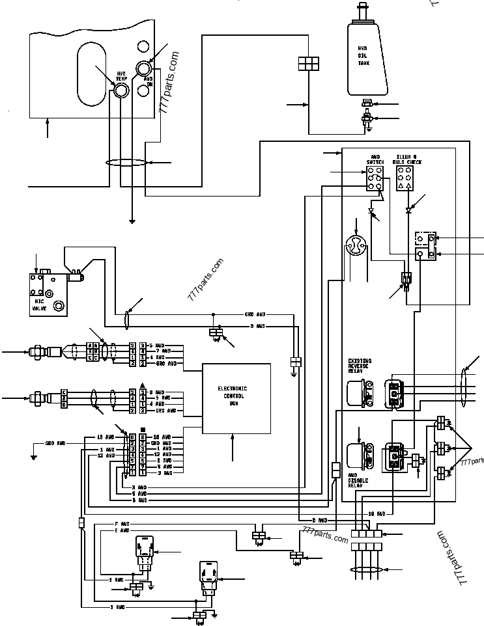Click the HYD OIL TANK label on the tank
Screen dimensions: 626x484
[x=363, y=56]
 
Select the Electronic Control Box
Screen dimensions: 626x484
[x=236, y=398]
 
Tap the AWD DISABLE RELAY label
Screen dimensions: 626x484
[x=358, y=480]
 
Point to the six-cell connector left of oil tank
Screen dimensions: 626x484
[x=308, y=62]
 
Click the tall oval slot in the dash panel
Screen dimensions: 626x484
[x=91, y=76]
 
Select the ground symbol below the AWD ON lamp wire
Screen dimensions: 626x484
[x=132, y=222]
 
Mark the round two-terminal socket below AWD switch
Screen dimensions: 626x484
[x=356, y=247]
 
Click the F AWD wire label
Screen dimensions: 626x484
[x=122, y=524]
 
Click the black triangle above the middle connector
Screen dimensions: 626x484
[x=142, y=385]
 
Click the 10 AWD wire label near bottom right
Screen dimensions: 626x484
[x=376, y=513]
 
